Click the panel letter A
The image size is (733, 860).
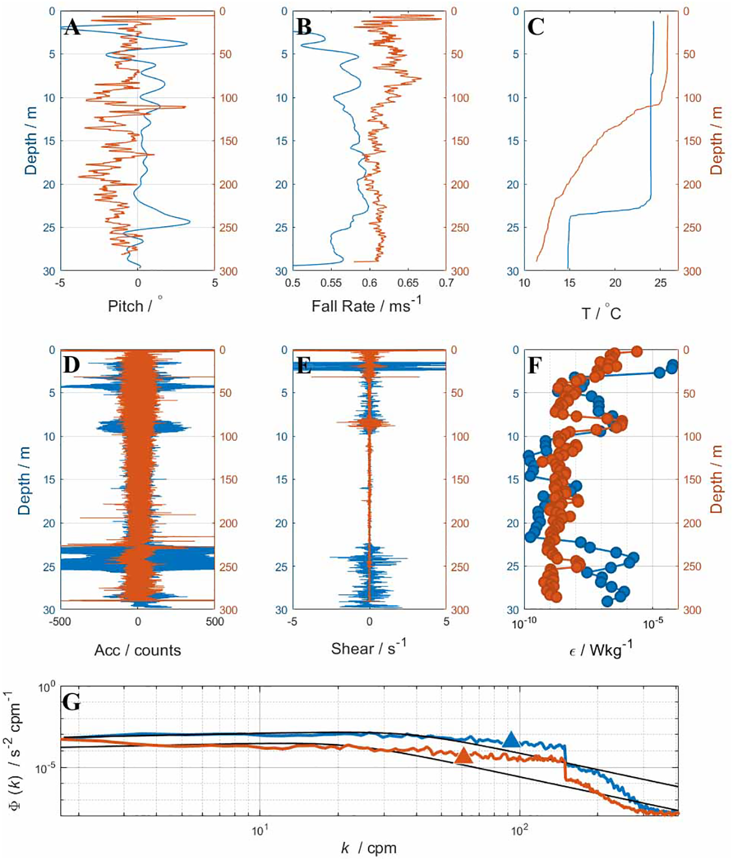point(72,27)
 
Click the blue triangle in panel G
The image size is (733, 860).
point(511,739)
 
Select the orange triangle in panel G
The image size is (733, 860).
point(463,756)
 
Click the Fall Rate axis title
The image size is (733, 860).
point(366,305)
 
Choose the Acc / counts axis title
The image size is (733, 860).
point(138,650)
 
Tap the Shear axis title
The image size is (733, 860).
point(368,648)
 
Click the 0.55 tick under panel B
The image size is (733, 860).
point(331,283)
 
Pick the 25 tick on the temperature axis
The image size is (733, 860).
point(660,283)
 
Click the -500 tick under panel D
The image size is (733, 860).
point(60,621)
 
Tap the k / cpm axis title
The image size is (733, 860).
point(368,848)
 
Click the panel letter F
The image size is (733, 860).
point(534,366)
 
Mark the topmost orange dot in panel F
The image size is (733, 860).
point(637,352)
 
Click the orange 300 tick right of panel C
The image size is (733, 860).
point(692,271)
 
